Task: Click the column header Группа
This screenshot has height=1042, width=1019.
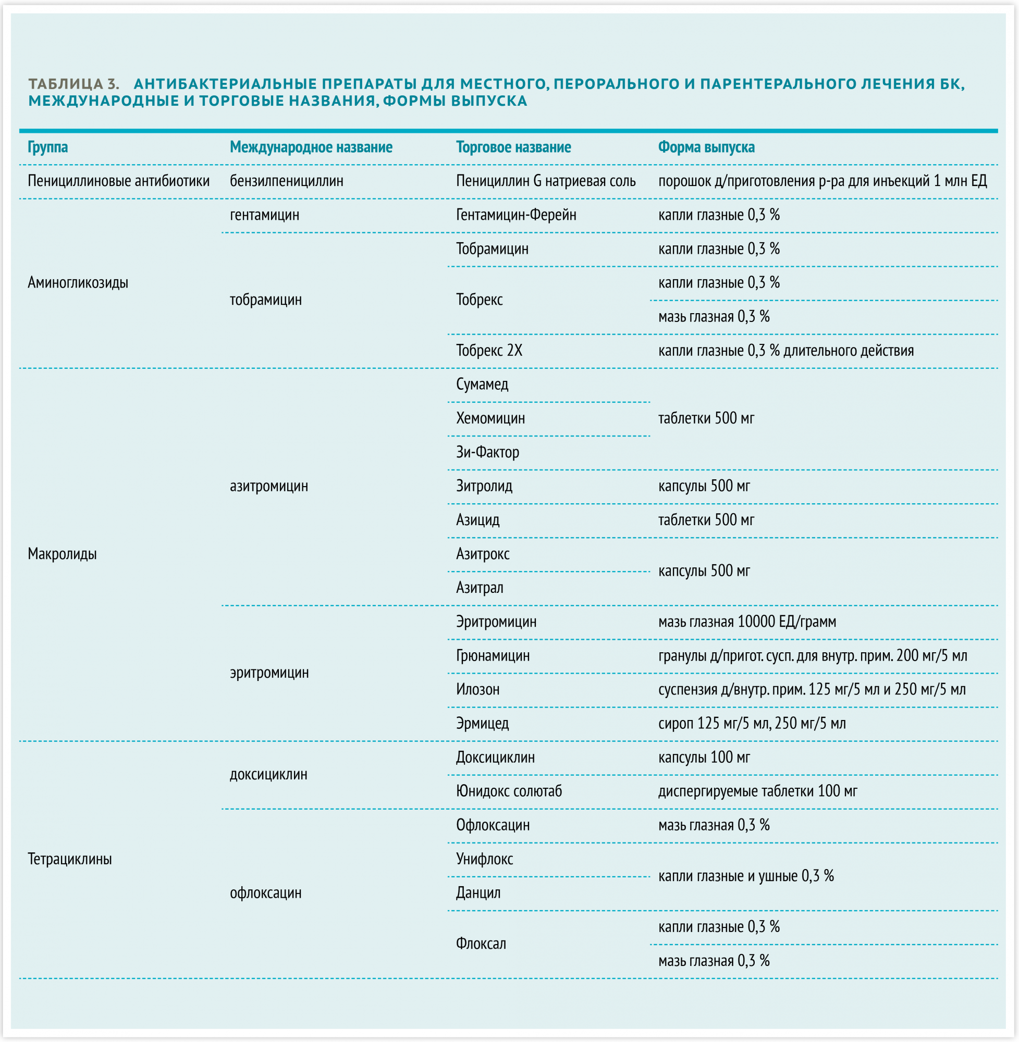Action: coord(47,147)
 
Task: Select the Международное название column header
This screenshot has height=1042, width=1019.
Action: coord(311,147)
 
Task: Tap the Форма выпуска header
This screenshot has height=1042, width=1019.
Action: coord(706,147)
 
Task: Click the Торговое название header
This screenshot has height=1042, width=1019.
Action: coord(513,147)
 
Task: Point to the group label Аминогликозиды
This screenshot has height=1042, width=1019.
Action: coord(78,282)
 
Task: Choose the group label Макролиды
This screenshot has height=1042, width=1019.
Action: coord(62,554)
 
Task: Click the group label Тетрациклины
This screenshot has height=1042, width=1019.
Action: coord(69,859)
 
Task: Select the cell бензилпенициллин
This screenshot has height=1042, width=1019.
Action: coord(286,181)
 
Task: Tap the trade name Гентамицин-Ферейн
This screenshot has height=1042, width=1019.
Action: coord(516,215)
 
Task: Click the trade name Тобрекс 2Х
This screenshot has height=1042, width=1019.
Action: coord(488,350)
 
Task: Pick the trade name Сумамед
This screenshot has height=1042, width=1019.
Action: coord(482,384)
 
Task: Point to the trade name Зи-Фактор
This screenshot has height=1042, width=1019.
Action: coord(487,452)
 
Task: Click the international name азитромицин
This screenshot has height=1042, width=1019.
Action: coord(268,486)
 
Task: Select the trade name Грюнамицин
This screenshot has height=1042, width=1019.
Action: coord(493,655)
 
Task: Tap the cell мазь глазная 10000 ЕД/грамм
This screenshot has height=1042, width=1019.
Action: coord(746,622)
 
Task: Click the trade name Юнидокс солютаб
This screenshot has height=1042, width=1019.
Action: coord(508,791)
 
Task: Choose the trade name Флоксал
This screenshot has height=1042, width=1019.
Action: coord(481,944)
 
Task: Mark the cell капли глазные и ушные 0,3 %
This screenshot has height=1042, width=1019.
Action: coord(745,876)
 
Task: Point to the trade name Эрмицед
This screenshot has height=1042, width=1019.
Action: coord(482,723)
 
